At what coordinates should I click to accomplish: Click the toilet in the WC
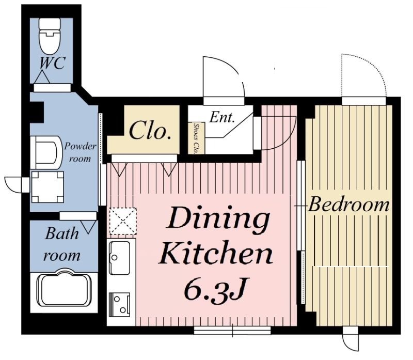click(x=49, y=36)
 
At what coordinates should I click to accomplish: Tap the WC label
click(x=52, y=63)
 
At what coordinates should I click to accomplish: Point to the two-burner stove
click(x=120, y=304)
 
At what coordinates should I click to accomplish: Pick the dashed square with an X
click(x=123, y=221)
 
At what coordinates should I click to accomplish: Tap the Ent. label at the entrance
click(x=222, y=118)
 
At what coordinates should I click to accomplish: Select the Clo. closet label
click(x=150, y=131)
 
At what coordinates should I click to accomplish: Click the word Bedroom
click(x=348, y=205)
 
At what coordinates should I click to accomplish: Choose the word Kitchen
click(x=215, y=254)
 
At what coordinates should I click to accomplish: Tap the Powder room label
click(x=81, y=152)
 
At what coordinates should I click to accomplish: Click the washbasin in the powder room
click(x=44, y=152)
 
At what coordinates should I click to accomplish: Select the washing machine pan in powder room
click(x=47, y=187)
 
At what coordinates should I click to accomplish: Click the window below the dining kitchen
click(x=232, y=331)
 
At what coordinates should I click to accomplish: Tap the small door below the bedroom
click(x=351, y=339)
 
